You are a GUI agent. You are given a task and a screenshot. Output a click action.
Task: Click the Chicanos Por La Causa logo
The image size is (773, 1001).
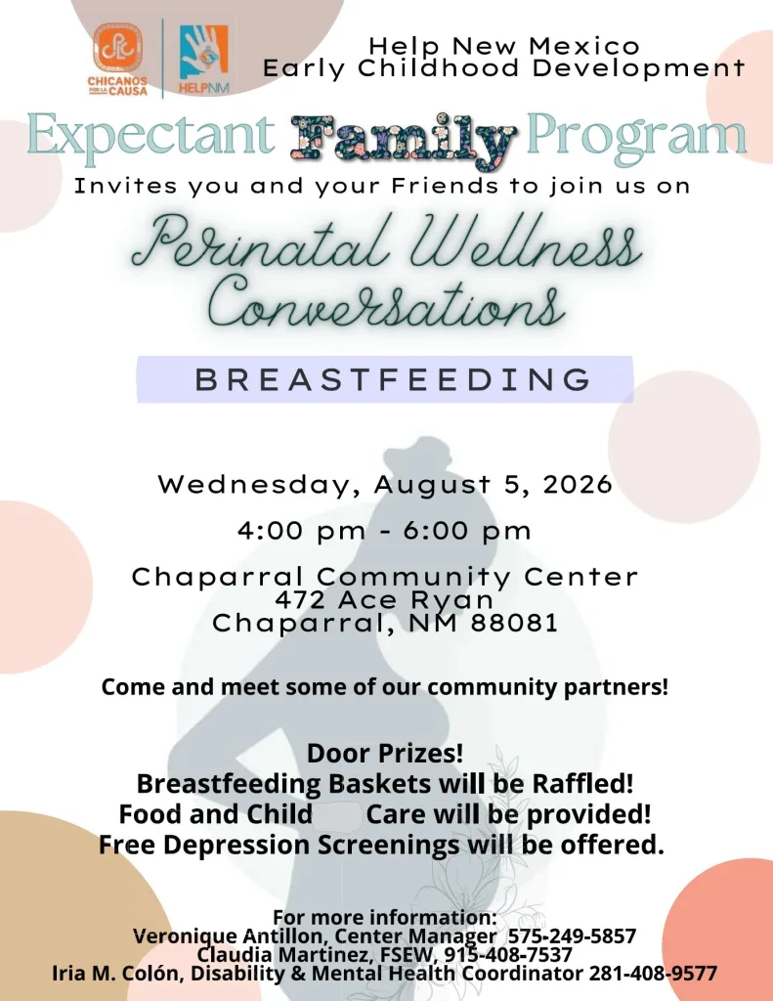pos(117,59)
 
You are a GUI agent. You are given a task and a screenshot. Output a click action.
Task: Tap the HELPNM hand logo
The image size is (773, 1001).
pos(203,59)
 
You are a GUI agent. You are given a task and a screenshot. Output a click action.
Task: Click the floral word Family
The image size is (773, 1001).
pos(403,138)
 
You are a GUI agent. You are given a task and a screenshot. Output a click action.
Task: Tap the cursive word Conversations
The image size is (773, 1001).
pos(386,301)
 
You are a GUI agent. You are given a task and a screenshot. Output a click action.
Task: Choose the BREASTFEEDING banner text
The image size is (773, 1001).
pos(393,379)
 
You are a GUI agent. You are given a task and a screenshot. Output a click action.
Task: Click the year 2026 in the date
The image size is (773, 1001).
pos(577,485)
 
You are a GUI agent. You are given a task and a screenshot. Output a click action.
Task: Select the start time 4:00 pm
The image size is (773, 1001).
pos(302,531)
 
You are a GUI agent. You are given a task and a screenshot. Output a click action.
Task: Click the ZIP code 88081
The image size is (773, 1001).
pos(514,623)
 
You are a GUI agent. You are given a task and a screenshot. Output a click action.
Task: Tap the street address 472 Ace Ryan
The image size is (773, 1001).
pos(384,599)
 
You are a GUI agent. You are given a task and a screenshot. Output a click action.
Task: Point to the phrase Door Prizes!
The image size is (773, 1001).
pos(385,754)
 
